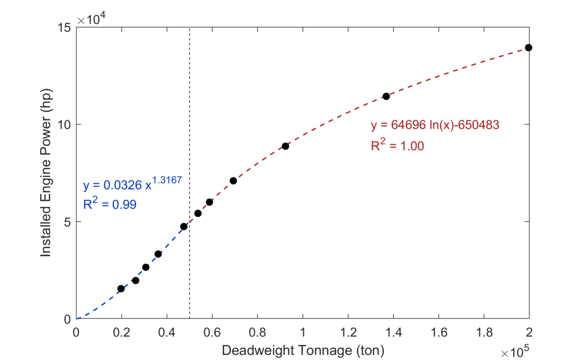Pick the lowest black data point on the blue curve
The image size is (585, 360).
coord(121,289)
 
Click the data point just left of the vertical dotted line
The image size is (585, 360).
coord(184,226)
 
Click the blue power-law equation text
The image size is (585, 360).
coord(133,184)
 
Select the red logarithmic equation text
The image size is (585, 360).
coord(435,125)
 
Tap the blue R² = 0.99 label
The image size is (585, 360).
coord(110,204)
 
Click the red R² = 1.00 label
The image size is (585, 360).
coord(397,145)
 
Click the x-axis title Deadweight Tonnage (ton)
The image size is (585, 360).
coord(303,350)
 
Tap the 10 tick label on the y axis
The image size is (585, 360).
coord(63,124)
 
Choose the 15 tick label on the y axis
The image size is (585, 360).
coord(63,27)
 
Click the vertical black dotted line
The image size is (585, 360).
coord(189,122)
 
